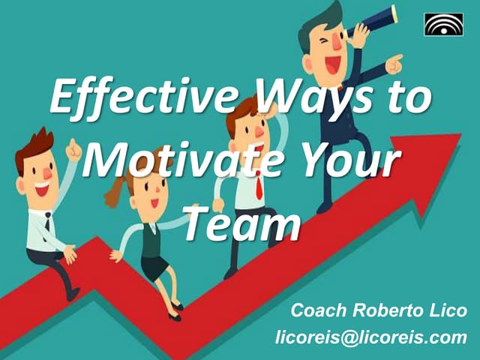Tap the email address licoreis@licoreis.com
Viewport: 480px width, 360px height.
point(370,337)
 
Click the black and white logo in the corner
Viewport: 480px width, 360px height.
point(443,25)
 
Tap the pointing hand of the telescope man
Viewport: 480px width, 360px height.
point(394,64)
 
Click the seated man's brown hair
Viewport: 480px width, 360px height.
point(34,142)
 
